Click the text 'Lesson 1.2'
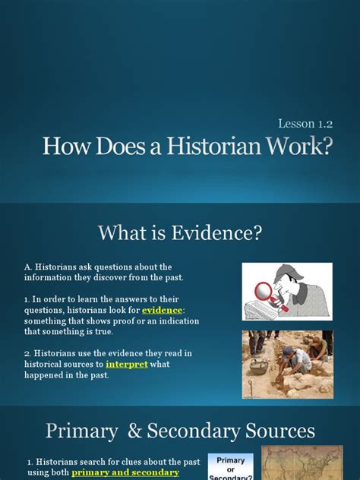coord(305,122)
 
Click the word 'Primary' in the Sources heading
coord(81,431)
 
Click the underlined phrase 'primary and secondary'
coord(125,472)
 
